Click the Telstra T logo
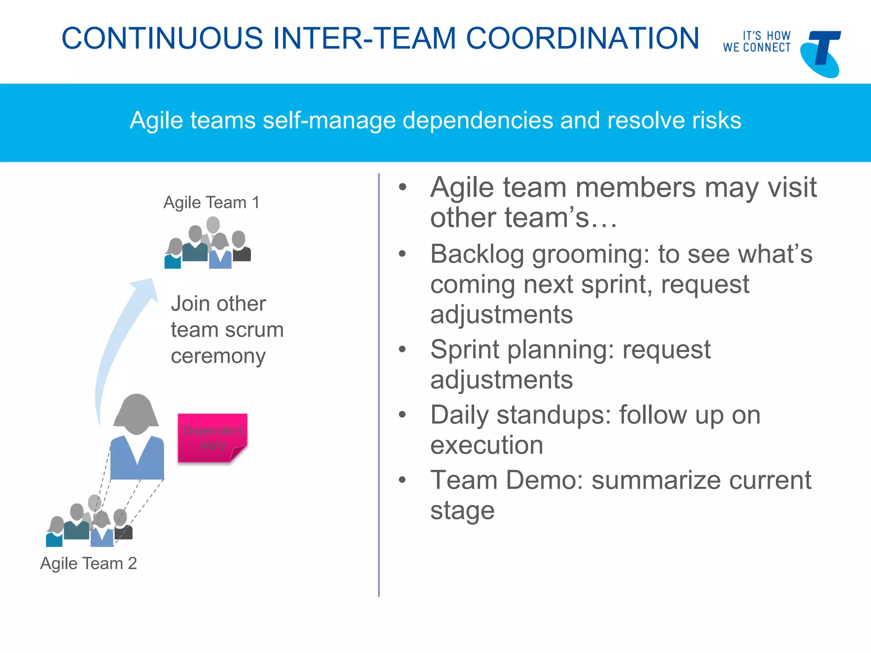821,53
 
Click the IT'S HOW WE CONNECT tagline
757,42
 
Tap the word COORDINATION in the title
582,38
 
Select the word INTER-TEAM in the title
364,38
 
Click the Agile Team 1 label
211,202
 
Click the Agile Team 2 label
88,563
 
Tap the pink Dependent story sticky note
212,437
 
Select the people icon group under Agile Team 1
208,244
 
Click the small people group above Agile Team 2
89,523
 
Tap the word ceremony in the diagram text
218,356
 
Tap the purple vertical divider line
379,383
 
